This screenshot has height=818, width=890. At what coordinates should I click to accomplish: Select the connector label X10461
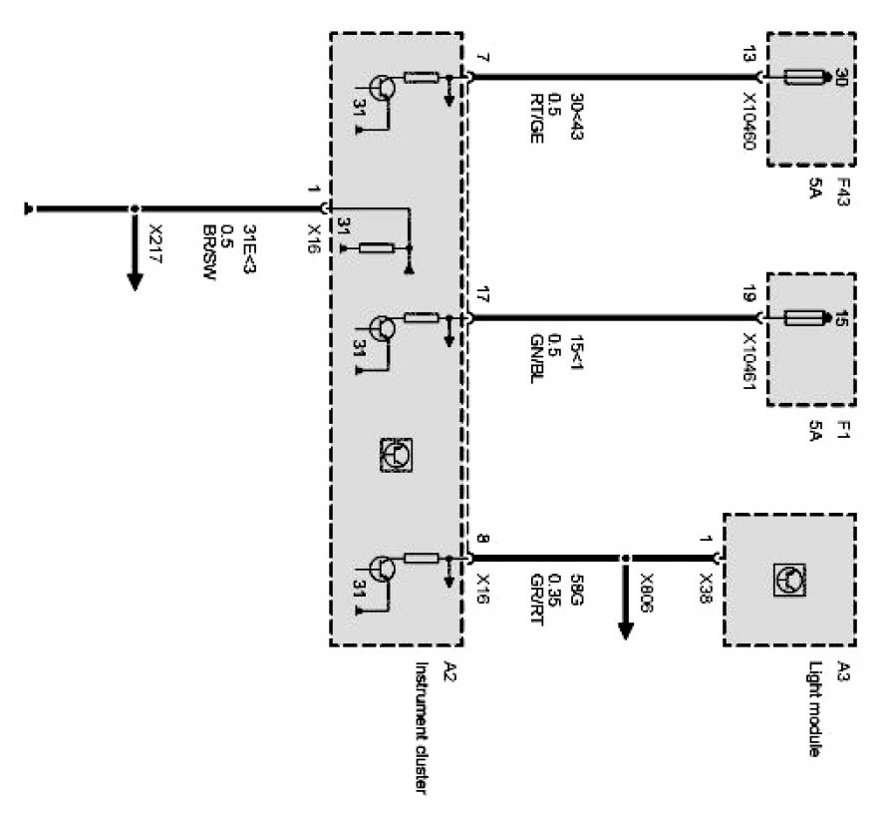point(749,364)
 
